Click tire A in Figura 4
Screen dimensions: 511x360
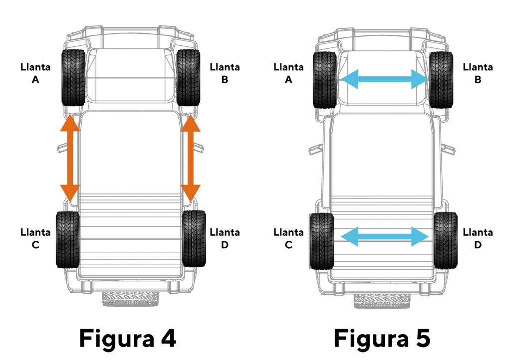pyautogui.click(x=73, y=77)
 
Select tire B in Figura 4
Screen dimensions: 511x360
pyautogui.click(x=188, y=77)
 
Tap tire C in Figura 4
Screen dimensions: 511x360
pyautogui.click(x=68, y=239)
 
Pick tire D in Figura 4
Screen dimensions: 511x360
pyautogui.click(x=194, y=239)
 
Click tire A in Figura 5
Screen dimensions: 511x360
pyautogui.click(x=324, y=80)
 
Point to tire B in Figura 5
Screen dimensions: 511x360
pyautogui.click(x=441, y=80)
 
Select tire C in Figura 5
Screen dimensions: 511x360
pyautogui.click(x=321, y=241)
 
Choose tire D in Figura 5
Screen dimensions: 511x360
pyautogui.click(x=446, y=240)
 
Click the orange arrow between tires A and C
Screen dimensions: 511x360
pyautogui.click(x=70, y=158)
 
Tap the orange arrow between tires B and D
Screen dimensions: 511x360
pyautogui.click(x=191, y=158)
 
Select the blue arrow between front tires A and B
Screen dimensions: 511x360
pyautogui.click(x=384, y=79)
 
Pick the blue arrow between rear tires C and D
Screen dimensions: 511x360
pyautogui.click(x=385, y=237)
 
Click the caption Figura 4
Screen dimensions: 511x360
pyautogui.click(x=128, y=339)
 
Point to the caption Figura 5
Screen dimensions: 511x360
pyautogui.click(x=382, y=339)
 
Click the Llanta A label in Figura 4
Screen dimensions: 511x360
pyautogui.click(x=35, y=73)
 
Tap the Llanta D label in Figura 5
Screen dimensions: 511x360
pyautogui.click(x=478, y=239)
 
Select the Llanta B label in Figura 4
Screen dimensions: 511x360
pyautogui.click(x=225, y=73)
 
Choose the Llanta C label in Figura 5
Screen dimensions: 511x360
pyautogui.click(x=289, y=239)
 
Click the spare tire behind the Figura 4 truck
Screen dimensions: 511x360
pyautogui.click(x=131, y=299)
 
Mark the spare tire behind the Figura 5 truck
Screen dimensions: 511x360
pyautogui.click(x=382, y=301)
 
